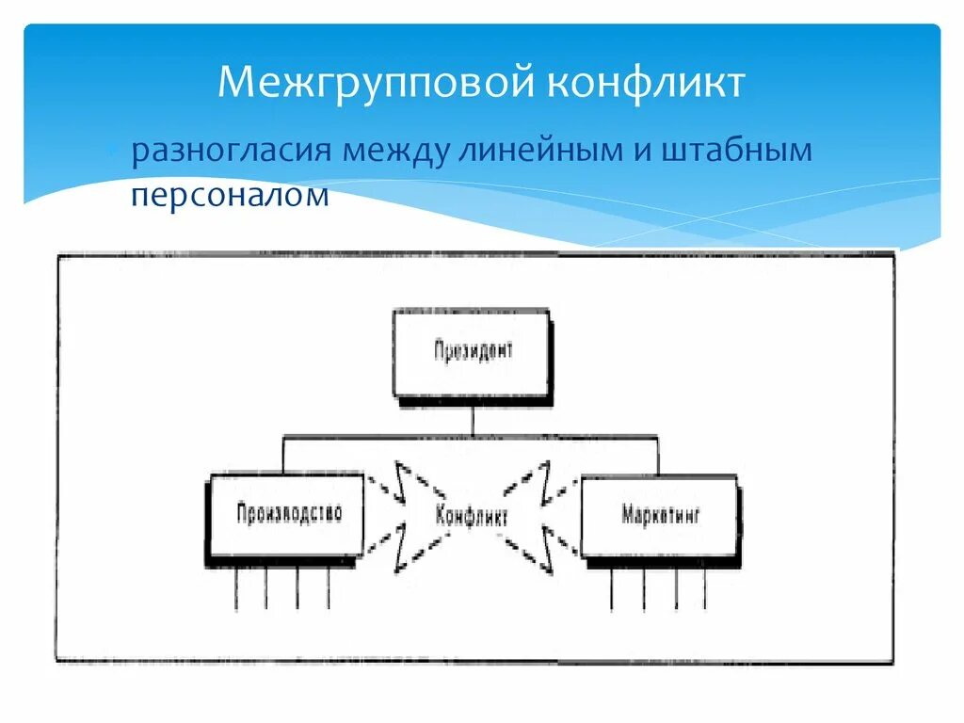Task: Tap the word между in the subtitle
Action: tap(394, 152)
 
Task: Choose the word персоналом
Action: tap(231, 195)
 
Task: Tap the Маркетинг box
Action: tap(659, 516)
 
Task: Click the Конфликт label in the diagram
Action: tap(472, 516)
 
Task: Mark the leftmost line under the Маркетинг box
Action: tap(612, 588)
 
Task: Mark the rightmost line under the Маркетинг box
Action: tap(705, 588)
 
